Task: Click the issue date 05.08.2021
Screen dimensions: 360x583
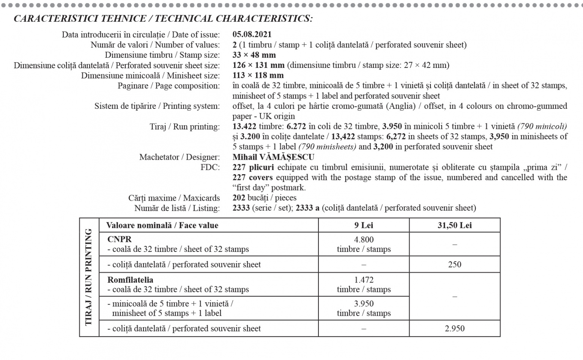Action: point(252,35)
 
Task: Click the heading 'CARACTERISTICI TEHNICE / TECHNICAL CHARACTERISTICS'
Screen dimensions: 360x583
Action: point(163,19)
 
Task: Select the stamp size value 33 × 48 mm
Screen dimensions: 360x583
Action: point(254,55)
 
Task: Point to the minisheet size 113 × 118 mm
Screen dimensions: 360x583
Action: point(258,75)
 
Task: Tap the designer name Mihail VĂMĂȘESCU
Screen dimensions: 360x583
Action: point(273,157)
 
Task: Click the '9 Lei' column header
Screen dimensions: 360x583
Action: point(364,225)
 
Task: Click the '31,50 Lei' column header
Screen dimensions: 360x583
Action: point(454,225)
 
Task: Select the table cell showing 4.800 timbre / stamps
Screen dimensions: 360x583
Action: point(364,244)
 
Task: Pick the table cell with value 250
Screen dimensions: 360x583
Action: point(454,264)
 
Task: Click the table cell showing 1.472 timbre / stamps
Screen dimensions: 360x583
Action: point(364,285)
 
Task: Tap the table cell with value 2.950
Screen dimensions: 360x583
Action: point(454,329)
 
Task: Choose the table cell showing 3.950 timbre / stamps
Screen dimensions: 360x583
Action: point(364,308)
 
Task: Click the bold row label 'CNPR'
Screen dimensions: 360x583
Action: point(120,239)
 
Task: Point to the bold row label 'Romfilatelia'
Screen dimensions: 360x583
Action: point(130,280)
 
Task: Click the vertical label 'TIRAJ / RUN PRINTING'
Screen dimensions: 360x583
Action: point(89,277)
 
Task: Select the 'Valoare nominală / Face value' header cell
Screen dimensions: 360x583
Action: point(162,225)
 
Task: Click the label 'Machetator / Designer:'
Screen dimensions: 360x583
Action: point(179,157)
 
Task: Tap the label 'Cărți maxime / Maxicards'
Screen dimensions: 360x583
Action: point(174,198)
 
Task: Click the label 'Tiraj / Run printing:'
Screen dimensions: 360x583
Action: point(184,127)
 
